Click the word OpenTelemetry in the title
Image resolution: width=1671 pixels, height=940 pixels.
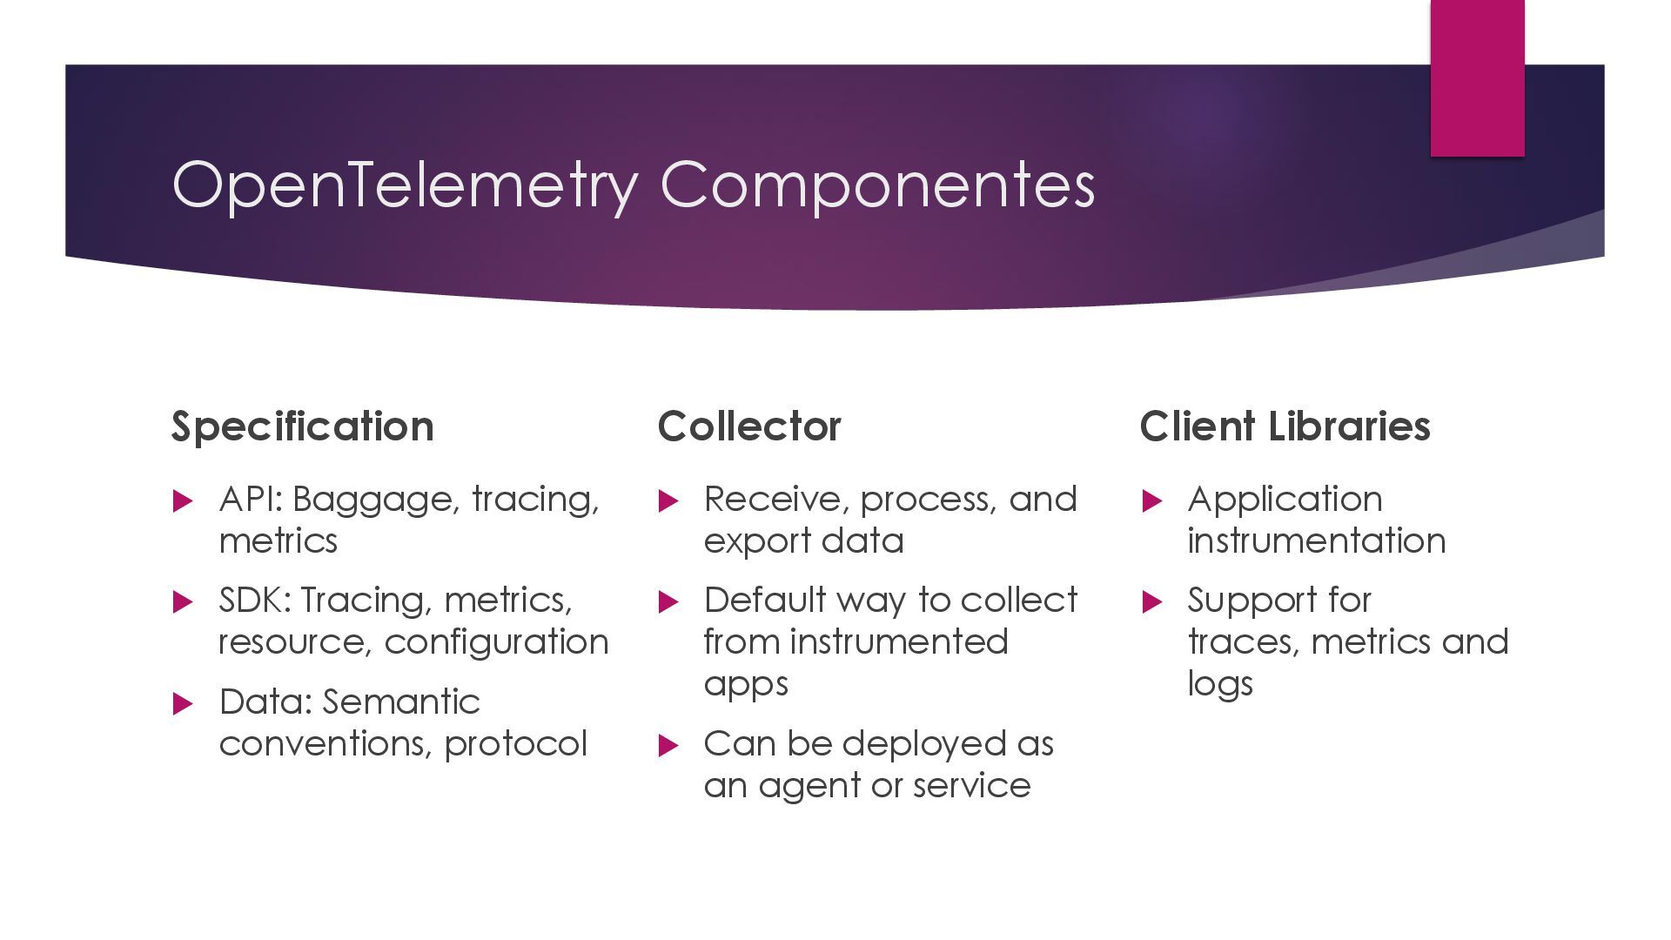click(x=405, y=185)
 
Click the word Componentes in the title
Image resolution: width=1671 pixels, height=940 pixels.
click(x=877, y=185)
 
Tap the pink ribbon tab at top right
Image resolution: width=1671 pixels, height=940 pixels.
click(x=1477, y=78)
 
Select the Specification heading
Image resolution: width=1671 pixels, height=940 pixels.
click(x=302, y=426)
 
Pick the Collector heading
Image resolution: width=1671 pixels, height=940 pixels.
click(x=749, y=426)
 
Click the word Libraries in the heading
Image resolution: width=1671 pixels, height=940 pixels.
click(x=1349, y=426)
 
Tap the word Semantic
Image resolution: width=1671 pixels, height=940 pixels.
click(x=401, y=702)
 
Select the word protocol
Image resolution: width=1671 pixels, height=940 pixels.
click(x=515, y=744)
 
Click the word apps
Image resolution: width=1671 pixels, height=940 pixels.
click(x=746, y=685)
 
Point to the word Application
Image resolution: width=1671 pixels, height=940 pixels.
click(x=1285, y=500)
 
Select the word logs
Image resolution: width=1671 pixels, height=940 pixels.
click(x=1220, y=685)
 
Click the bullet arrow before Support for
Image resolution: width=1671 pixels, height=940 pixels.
click(x=1151, y=601)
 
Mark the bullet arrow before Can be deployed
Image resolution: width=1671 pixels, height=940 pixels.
click(x=668, y=745)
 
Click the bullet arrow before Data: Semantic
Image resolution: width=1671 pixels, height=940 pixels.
click(x=183, y=703)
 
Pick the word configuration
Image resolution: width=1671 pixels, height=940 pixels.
click(x=496, y=642)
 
